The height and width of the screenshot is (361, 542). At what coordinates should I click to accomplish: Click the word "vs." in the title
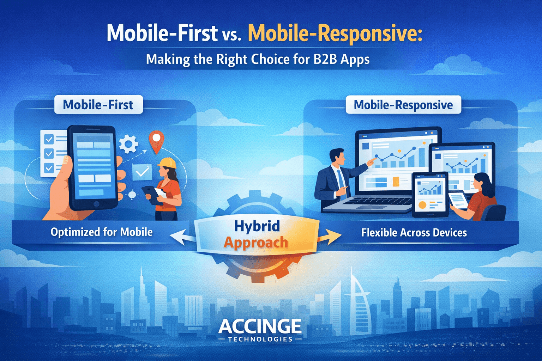(x=232, y=35)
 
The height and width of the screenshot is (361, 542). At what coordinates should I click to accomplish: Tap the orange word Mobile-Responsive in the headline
(x=335, y=34)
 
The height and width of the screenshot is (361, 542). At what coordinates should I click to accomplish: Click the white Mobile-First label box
(x=98, y=105)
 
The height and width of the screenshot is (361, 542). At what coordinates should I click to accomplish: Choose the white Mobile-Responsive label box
(x=403, y=105)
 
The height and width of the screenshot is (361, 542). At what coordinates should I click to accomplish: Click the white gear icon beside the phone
(x=128, y=144)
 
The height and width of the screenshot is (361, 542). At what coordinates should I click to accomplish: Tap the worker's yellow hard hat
(x=167, y=163)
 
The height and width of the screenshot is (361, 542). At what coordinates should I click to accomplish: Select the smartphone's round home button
(x=96, y=204)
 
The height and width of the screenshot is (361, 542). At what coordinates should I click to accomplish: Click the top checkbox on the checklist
(x=49, y=140)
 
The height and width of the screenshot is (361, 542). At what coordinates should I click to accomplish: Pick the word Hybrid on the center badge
(x=257, y=226)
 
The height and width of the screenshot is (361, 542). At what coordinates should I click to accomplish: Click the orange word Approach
(x=256, y=243)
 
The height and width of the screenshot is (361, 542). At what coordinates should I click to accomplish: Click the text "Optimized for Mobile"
(x=102, y=232)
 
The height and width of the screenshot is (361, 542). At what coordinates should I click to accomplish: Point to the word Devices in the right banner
(x=450, y=233)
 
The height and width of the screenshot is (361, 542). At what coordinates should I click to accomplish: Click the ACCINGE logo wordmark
(x=260, y=326)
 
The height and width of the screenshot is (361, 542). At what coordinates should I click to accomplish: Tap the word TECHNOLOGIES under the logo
(x=260, y=339)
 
